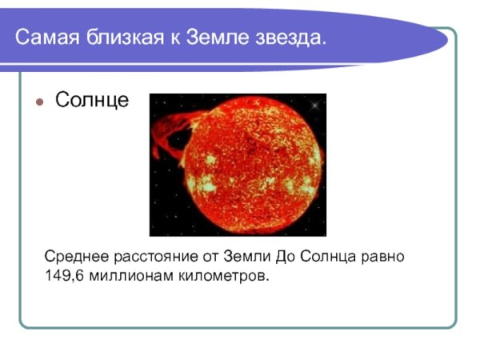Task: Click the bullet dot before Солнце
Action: pyautogui.click(x=39, y=103)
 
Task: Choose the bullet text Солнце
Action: pyautogui.click(x=91, y=101)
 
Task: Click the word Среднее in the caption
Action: pyautogui.click(x=74, y=258)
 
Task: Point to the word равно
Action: pyautogui.click(x=384, y=258)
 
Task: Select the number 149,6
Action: pyautogui.click(x=62, y=276)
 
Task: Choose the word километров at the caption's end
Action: pyautogui.click(x=219, y=276)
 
